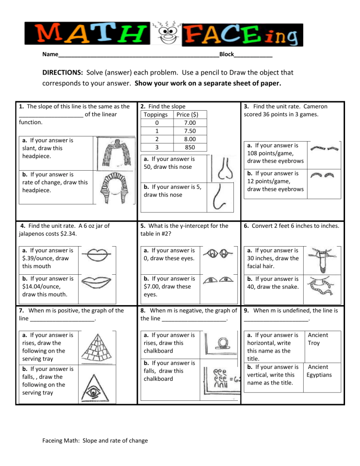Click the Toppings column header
point(156,114)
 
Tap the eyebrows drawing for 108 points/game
point(326,148)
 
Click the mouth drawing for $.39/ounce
point(97,256)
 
